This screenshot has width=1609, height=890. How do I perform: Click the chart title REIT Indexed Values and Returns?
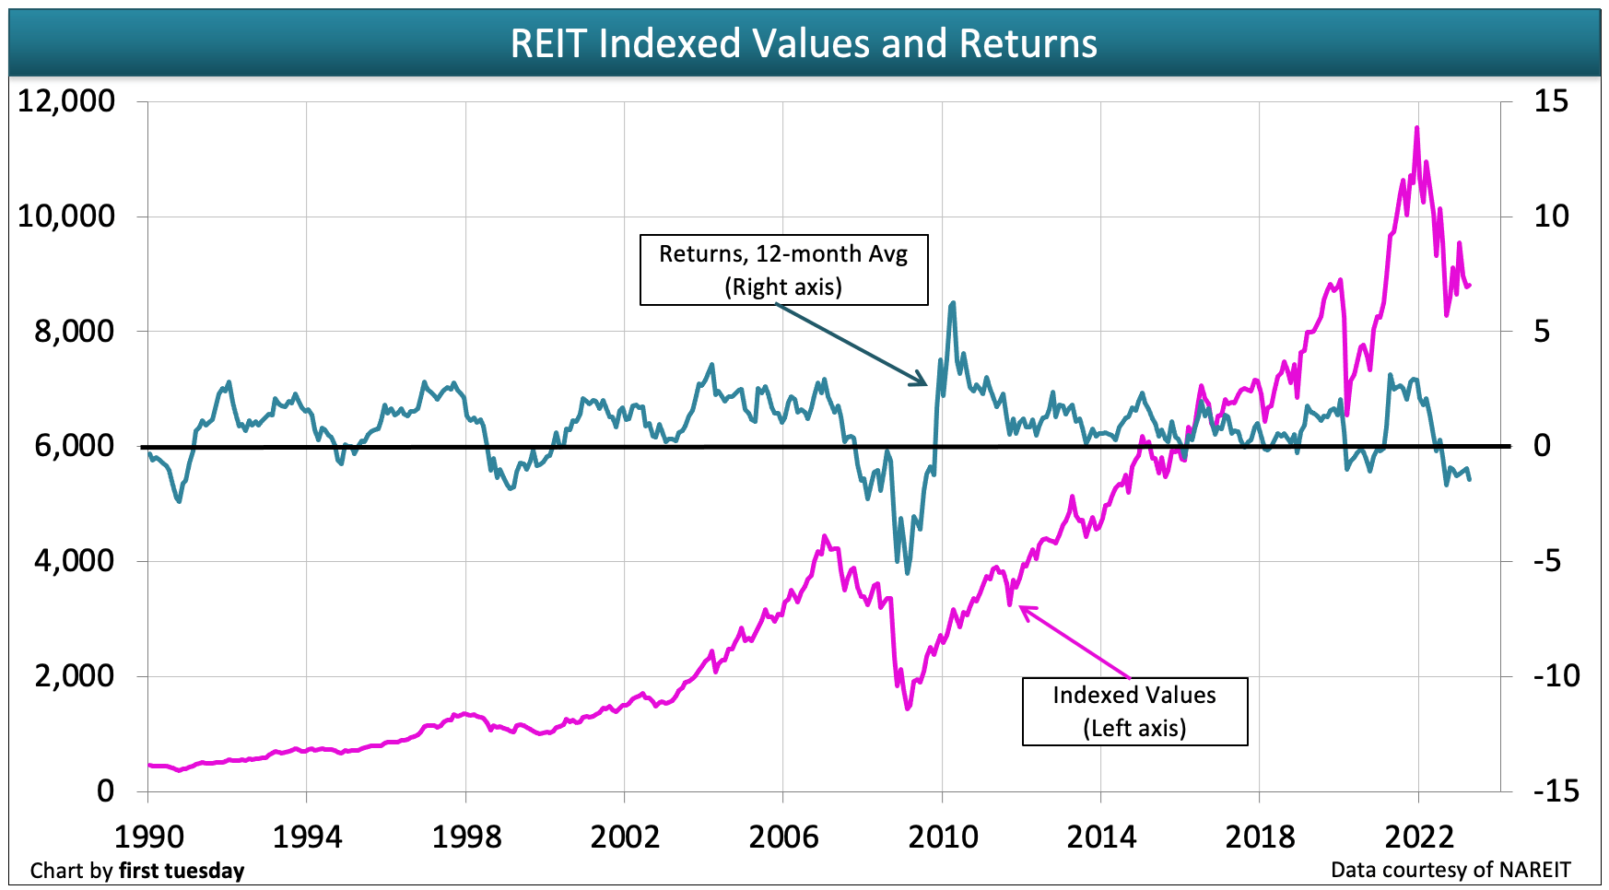pos(804,43)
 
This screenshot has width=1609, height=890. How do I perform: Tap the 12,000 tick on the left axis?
pos(66,100)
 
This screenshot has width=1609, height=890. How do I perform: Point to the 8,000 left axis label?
pos(75,331)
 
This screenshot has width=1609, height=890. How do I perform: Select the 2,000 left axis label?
pos(75,675)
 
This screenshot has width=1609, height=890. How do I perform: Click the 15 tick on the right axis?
pos(1550,100)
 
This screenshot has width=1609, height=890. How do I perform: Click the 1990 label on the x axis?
pos(148,837)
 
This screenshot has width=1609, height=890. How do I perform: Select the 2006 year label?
pos(783,837)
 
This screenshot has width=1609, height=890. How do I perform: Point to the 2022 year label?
pos(1419,837)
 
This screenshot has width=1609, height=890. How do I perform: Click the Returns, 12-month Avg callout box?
pos(783,270)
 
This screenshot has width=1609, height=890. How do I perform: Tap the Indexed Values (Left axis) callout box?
pos(1134,710)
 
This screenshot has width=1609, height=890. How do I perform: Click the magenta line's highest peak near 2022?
pos(1416,128)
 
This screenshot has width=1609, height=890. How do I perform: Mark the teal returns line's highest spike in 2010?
pos(953,302)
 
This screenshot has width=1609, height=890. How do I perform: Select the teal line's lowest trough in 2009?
pos(908,573)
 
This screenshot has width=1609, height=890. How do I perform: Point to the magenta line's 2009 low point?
pos(908,708)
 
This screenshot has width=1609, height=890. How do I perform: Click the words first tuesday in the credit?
pos(182,871)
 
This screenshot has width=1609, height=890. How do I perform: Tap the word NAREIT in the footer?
pos(1534,870)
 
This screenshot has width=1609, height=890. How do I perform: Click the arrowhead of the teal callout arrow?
pos(926,384)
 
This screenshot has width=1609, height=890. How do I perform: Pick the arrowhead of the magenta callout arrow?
pos(1020,607)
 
